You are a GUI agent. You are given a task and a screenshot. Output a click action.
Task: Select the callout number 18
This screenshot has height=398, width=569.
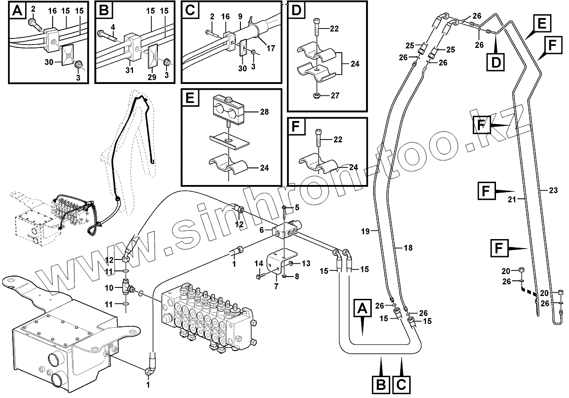pyautogui.click(x=408, y=247)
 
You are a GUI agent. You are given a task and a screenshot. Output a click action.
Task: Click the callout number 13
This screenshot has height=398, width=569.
pyautogui.click(x=306, y=263)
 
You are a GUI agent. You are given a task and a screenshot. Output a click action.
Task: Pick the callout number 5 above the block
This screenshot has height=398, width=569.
pyautogui.click(x=297, y=207)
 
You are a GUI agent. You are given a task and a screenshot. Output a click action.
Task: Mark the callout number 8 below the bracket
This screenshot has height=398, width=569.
pyautogui.click(x=297, y=276)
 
